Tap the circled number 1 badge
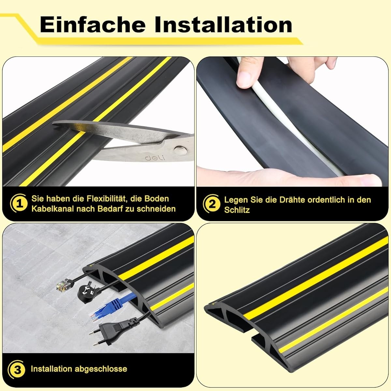tap(19, 204)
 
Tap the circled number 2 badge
tap(211, 204)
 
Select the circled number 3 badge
tap(16, 369)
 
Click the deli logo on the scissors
tap(155, 158)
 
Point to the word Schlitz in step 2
tap(237, 210)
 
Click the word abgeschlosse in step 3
tap(101, 369)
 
